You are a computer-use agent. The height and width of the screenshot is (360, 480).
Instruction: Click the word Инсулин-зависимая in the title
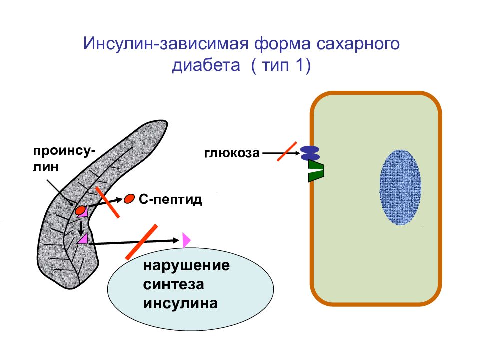coord(165,44)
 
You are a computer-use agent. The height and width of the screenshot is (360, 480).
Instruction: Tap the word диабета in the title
coord(206,65)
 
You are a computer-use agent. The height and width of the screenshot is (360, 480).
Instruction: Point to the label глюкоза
coord(232,153)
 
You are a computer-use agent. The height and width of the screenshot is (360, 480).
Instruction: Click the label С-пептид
coord(170,199)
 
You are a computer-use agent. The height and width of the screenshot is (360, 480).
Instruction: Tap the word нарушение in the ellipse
coord(186,265)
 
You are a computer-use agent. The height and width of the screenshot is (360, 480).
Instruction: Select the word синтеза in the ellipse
coord(173,284)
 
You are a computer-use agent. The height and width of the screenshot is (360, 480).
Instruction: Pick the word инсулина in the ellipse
coord(180,303)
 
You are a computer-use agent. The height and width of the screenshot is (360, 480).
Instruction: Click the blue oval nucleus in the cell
coord(400,187)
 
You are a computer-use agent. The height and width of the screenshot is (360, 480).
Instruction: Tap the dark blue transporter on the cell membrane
coord(310,153)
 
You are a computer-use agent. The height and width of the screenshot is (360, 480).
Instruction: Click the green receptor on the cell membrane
coord(316,171)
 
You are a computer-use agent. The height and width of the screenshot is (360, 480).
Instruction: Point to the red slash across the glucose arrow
coord(287,151)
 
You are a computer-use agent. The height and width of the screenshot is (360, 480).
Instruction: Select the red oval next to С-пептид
coord(129,199)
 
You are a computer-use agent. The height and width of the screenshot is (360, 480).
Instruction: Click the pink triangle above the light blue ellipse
coord(186,240)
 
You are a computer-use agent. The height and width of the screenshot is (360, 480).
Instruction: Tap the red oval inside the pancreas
coord(80,210)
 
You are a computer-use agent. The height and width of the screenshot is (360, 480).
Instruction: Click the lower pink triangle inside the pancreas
coord(83,239)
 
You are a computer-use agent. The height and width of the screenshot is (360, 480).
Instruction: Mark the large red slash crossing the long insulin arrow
coord(141,242)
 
